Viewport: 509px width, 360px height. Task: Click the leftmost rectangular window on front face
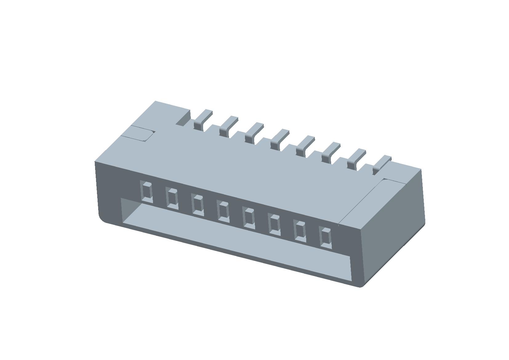pyautogui.click(x=147, y=192)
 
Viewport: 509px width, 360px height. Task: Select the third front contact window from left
pyautogui.click(x=198, y=205)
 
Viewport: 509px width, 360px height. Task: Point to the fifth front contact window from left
pyautogui.click(x=249, y=218)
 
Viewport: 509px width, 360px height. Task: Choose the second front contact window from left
pyautogui.click(x=172, y=198)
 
